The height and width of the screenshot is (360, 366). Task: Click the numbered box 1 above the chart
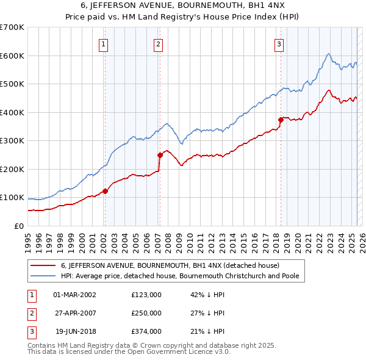coord(104,44)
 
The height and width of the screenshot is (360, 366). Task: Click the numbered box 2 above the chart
coord(158,44)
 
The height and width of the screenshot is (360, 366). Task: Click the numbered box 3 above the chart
coord(279,44)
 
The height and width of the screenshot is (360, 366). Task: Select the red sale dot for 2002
coord(105,191)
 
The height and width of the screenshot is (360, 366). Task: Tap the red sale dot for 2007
coord(160,155)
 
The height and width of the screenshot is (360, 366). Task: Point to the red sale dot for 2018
coord(281,120)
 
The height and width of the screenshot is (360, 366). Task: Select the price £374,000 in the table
coord(146,331)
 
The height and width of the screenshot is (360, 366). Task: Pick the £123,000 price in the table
coord(146,295)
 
